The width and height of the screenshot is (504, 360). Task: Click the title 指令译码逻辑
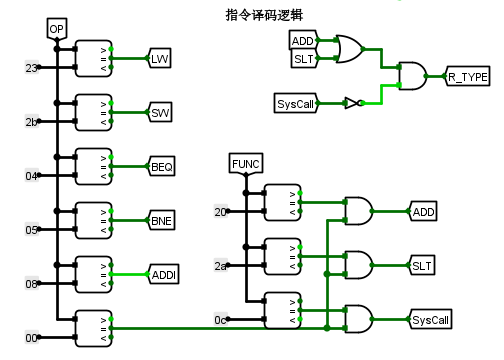(x=266, y=14)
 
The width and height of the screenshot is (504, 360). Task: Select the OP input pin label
(x=57, y=29)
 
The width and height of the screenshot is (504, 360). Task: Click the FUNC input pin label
(x=245, y=163)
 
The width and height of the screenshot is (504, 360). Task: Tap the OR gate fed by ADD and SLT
(x=351, y=49)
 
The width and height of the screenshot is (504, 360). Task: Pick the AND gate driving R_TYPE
(x=412, y=75)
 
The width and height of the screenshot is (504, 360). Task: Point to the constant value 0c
(x=221, y=319)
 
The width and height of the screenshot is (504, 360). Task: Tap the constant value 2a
(x=221, y=265)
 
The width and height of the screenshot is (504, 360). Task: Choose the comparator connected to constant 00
(x=92, y=327)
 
